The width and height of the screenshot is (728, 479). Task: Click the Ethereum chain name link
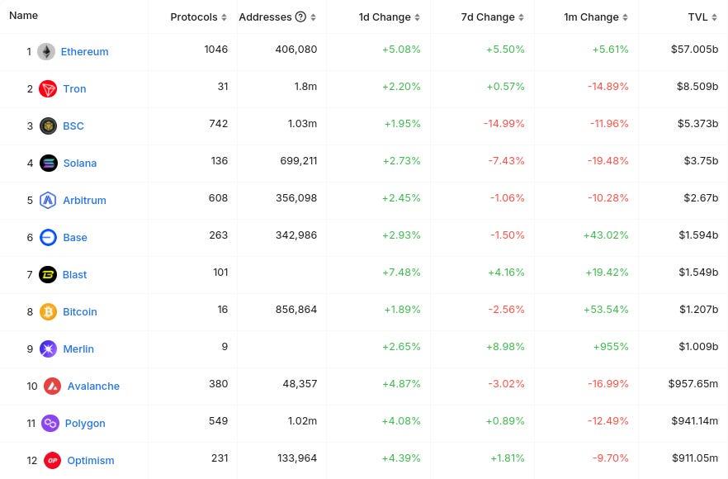(84, 51)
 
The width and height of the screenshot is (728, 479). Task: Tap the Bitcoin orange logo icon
(48, 311)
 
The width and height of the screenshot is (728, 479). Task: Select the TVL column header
(697, 17)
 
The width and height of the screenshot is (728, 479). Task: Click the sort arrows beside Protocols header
(225, 17)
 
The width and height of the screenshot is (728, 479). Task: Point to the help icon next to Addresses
(300, 17)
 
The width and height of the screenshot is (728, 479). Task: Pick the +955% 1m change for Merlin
(611, 347)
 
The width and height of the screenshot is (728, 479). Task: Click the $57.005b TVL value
(694, 50)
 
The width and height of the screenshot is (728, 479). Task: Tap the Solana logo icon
(49, 163)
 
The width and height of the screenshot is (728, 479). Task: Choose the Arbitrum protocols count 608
(219, 198)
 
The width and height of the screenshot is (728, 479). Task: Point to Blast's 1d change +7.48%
(401, 273)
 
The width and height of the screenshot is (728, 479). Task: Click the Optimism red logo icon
(52, 460)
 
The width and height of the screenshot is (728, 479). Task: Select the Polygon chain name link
(85, 423)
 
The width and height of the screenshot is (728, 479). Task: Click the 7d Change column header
(488, 17)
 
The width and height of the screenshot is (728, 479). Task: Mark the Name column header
(24, 16)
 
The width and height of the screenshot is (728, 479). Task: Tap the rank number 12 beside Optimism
(32, 460)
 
